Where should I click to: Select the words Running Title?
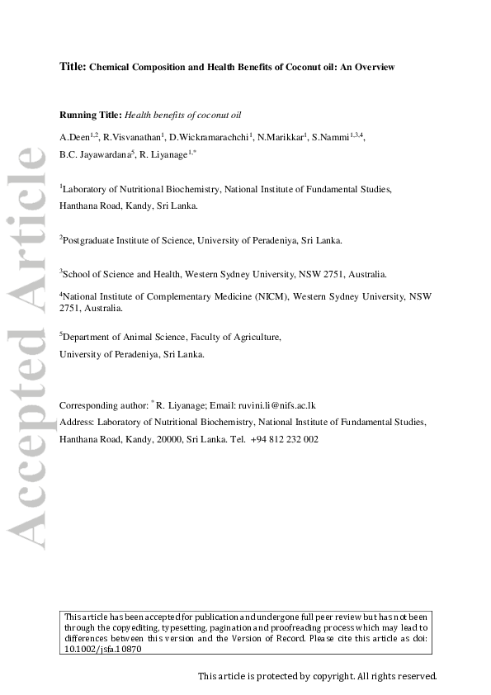click(91, 115)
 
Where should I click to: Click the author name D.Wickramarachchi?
click(208, 135)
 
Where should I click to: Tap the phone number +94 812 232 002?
click(284, 440)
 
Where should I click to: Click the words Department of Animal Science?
click(124, 337)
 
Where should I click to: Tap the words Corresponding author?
click(103, 405)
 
